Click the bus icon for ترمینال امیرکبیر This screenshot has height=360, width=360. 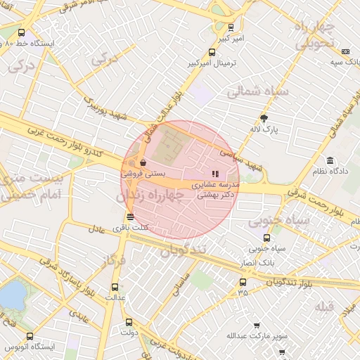(212, 52)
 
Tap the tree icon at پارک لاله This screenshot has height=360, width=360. (264, 118)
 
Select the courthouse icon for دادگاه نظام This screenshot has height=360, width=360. (330, 160)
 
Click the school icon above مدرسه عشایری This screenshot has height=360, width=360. (215, 173)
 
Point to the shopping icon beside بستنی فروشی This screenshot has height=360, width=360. (143, 162)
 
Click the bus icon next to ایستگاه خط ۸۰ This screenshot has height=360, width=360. (21, 32)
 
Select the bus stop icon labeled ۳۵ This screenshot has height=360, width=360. (243, 282)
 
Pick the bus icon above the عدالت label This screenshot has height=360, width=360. (115, 287)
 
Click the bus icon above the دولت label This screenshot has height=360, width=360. (128, 322)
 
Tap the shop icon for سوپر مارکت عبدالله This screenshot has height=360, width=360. (257, 326)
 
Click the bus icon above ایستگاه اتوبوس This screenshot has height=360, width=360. (29, 337)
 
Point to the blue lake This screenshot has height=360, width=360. (11, 295)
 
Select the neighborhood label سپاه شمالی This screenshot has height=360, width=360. (254, 91)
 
